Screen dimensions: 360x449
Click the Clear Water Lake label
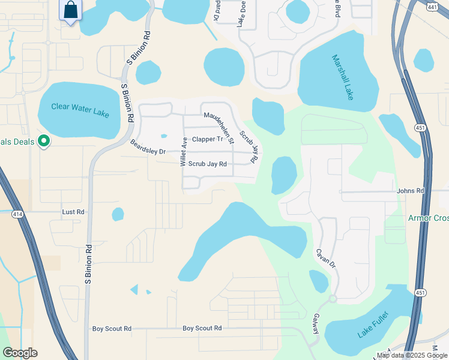coord(80,107)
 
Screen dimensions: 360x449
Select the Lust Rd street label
coord(74,212)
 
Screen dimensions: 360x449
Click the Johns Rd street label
coord(410,191)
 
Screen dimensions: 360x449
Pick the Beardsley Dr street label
coord(148,147)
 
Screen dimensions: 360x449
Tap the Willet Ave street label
coord(184,151)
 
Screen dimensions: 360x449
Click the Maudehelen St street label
coord(218,128)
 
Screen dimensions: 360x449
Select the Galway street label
coord(315,325)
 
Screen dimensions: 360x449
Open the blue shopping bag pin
coord(71,10)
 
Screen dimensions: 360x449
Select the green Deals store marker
coord(43,142)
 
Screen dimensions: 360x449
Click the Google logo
coord(19,353)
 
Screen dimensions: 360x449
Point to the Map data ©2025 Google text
coord(411,355)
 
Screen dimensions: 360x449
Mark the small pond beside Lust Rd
coord(118,214)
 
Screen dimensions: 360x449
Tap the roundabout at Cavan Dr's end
coord(333,298)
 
